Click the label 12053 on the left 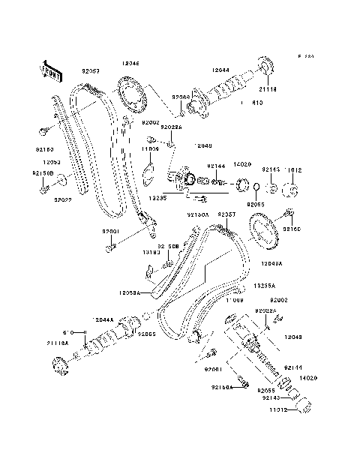coord(51,162)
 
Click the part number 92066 coord(181,97)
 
